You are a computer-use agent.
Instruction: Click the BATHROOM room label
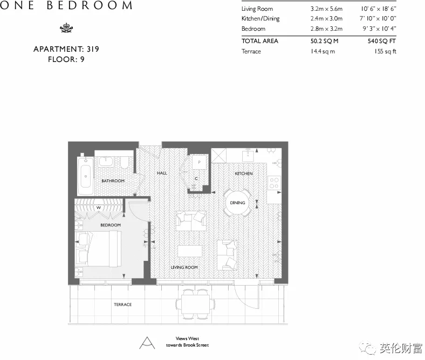pos(113,181)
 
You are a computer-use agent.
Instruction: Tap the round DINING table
pos(237,203)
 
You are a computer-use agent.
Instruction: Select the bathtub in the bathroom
pos(85,176)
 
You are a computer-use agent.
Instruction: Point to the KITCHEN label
pos(243,174)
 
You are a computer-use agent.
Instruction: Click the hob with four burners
pos(274,183)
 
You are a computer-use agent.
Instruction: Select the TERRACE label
pos(122,304)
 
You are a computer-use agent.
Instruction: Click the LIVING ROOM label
pos(184,267)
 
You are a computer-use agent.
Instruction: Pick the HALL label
pos(162,173)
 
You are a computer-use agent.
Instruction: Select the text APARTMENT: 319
pos(66,49)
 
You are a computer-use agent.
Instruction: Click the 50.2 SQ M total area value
pos(325,41)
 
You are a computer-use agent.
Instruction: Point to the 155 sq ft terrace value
pos(385,51)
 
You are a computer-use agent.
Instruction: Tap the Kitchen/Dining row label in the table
pos(261,19)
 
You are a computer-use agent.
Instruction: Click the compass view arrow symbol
pos(146,342)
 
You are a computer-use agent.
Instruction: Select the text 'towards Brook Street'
pos(188,345)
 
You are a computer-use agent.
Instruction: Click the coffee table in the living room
pos(190,252)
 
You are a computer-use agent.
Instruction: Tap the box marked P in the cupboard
pos(199,162)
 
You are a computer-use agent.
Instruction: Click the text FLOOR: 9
pos(66,59)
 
